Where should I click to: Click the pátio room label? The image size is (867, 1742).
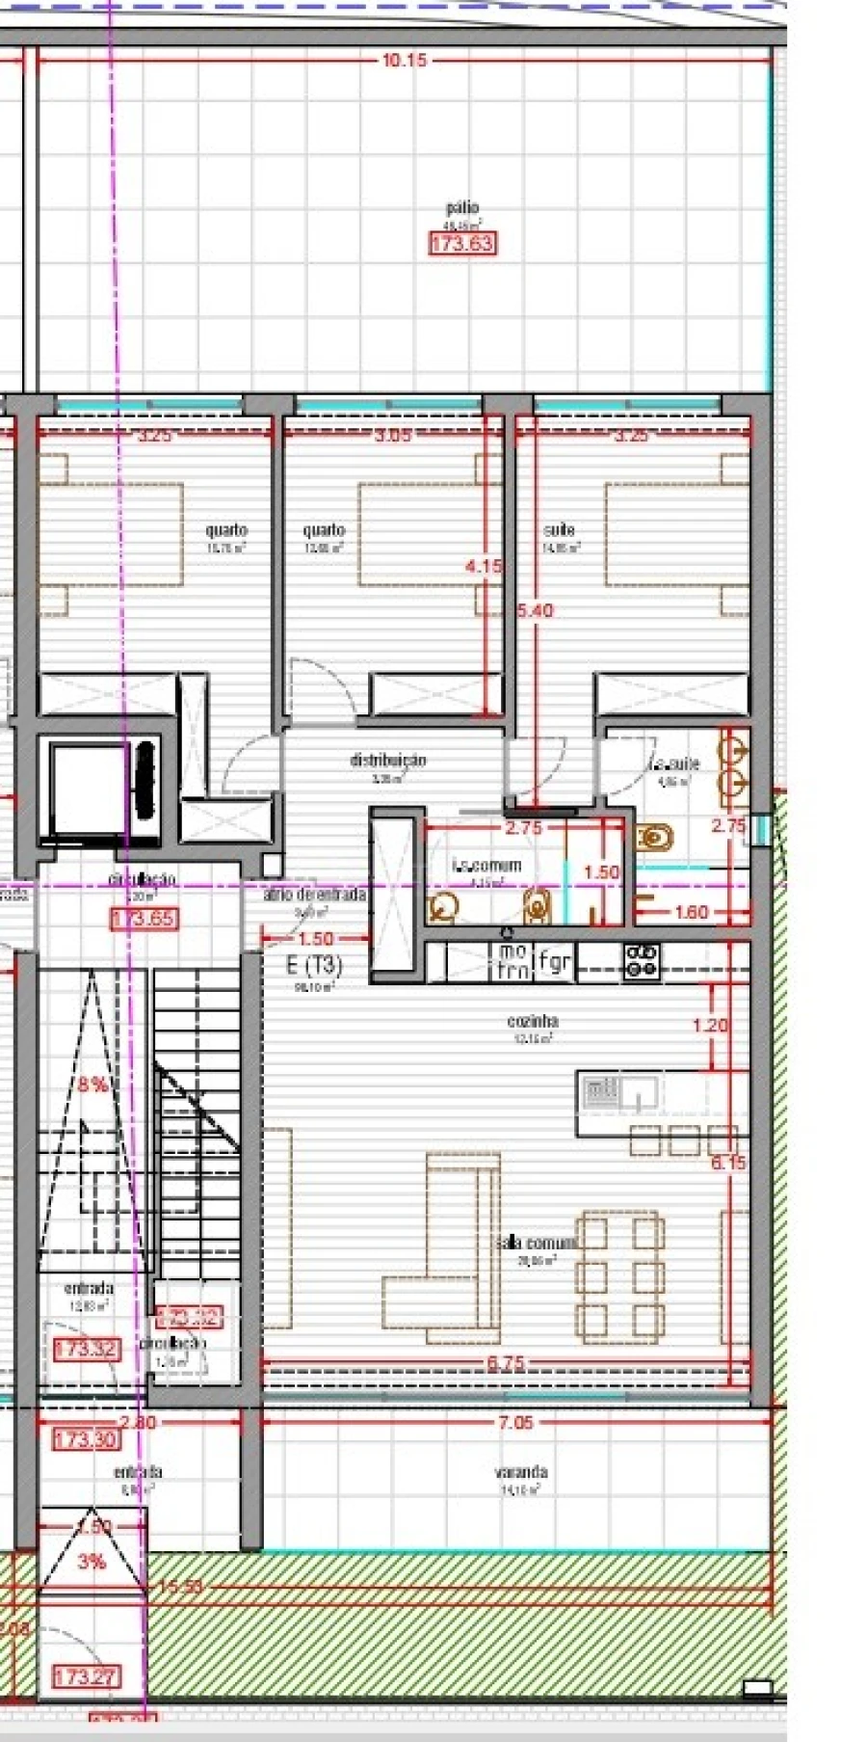462,207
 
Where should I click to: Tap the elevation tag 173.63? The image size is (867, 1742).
461,243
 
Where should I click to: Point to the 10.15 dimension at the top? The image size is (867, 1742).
404,60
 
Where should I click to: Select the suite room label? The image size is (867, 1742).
559,530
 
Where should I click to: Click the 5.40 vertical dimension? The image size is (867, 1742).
535,610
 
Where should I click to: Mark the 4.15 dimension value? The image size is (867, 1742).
483,567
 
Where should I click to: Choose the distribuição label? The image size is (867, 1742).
387,760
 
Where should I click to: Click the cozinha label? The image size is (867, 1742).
533,1021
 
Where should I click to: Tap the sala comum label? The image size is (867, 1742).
537,1243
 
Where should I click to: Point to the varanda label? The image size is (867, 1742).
521,1472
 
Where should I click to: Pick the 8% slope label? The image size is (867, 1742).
92,1085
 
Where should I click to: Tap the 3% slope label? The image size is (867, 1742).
92,1561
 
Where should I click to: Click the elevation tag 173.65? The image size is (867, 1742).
144,919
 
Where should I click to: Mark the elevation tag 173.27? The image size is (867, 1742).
86,1677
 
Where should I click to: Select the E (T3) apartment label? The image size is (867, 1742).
314,965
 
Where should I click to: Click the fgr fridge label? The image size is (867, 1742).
554,961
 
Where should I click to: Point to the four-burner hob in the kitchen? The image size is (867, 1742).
642,961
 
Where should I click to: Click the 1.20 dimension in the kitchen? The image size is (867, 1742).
710,1025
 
